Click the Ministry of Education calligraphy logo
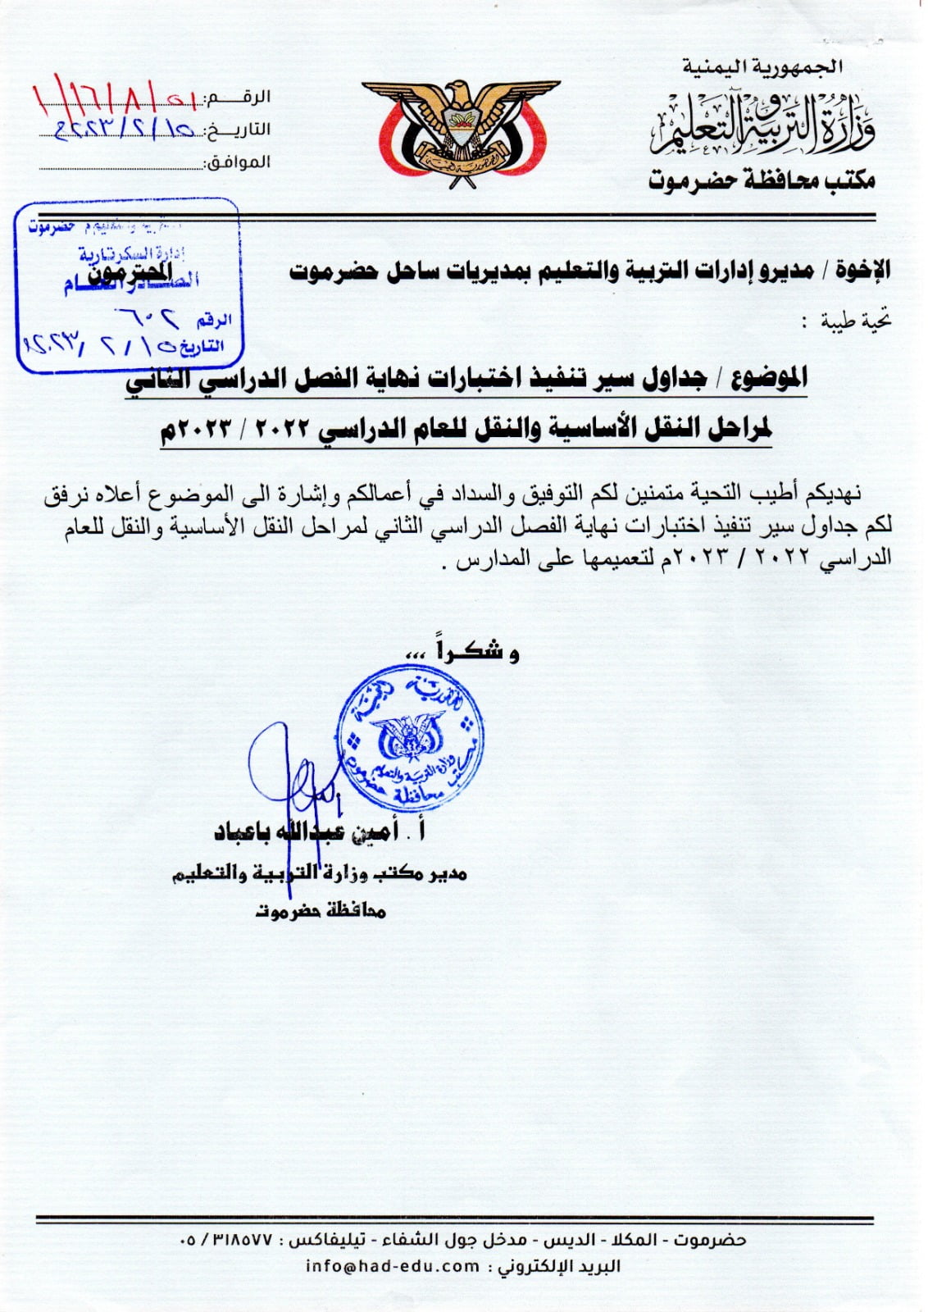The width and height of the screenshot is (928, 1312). point(762,127)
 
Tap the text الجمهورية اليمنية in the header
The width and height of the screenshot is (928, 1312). point(762,66)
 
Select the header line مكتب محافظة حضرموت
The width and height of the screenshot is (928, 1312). point(762,180)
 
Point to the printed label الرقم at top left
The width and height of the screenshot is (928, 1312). point(251,98)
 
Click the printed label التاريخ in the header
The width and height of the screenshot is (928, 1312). point(247,130)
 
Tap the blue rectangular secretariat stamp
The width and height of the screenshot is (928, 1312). point(129,285)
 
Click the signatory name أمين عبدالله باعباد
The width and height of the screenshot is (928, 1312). point(307,832)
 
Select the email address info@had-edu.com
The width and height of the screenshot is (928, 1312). point(392,1266)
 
